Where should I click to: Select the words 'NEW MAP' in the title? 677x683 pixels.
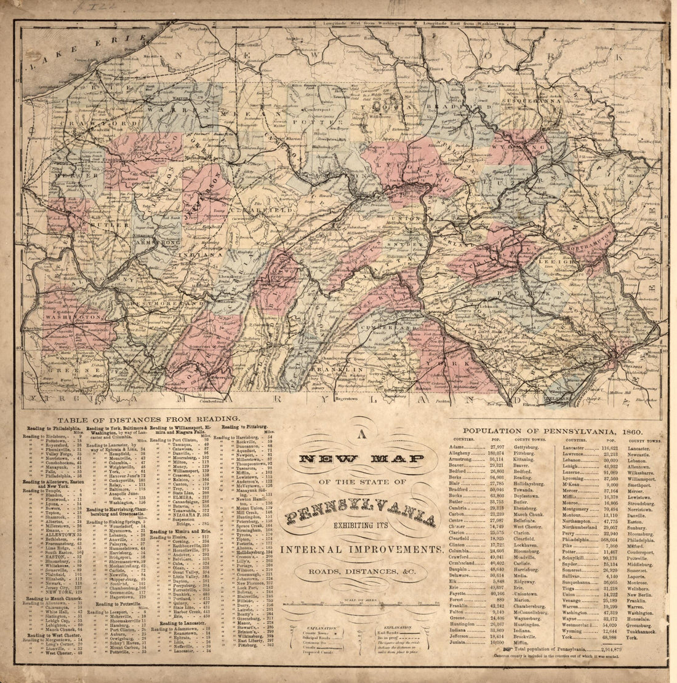tap(362, 459)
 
